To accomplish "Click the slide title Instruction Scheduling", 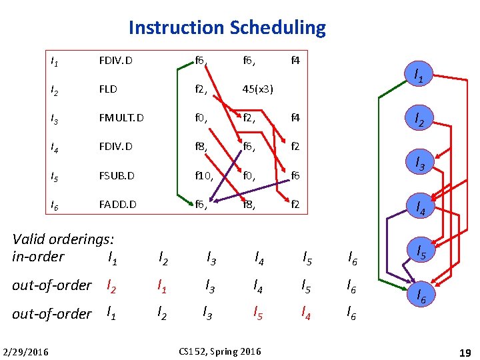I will pyautogui.click(x=227, y=28).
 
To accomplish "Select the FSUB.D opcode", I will pyautogui.click(x=116, y=176).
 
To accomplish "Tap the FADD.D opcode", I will pyautogui.click(x=117, y=205).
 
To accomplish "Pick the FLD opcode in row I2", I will pyautogui.click(x=107, y=89).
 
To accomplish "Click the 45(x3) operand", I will pyautogui.click(x=258, y=89).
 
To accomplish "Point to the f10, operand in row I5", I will pyautogui.click(x=204, y=176).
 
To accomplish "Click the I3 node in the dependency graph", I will pyautogui.click(x=420, y=162).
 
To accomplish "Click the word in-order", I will pyautogui.click(x=39, y=257).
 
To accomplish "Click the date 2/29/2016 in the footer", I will pyautogui.click(x=25, y=351).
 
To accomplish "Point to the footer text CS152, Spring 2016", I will pyautogui.click(x=220, y=351).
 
